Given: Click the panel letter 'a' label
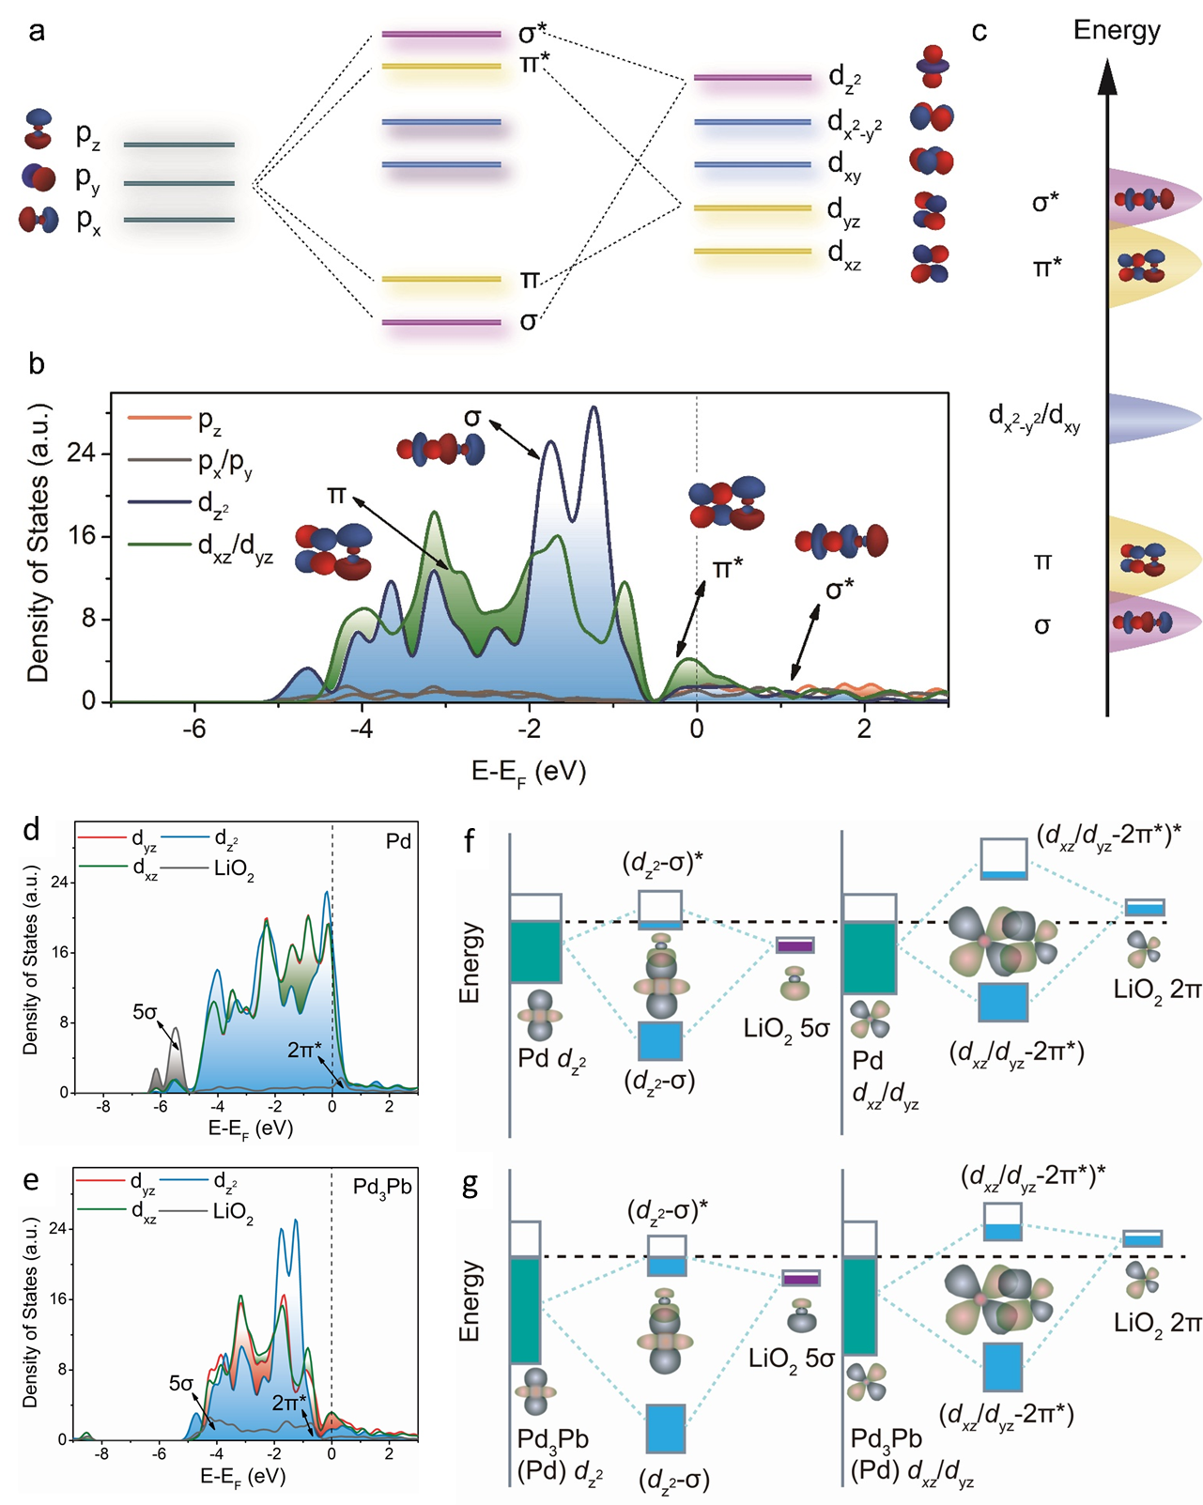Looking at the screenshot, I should pyautogui.click(x=37, y=32).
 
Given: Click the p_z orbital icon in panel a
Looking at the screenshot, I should pyautogui.click(x=39, y=130).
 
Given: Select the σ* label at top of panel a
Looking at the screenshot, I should pyautogui.click(x=532, y=34).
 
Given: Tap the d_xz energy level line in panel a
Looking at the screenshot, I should pyautogui.click(x=752, y=252).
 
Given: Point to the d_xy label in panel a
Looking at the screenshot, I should pyautogui.click(x=843, y=165).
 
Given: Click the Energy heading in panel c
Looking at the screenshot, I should pyautogui.click(x=1117, y=30).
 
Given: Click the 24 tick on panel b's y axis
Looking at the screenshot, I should pyautogui.click(x=83, y=453).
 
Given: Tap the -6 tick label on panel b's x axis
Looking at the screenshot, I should pyautogui.click(x=193, y=729).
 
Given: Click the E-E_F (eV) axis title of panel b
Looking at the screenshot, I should pyautogui.click(x=529, y=772).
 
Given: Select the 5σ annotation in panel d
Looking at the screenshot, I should pyautogui.click(x=145, y=1012).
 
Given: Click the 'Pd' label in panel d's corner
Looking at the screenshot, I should pyautogui.click(x=398, y=841).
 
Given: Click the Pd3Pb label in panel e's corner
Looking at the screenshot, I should pyautogui.click(x=382, y=1187).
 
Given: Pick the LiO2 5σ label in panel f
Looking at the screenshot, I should pyautogui.click(x=786, y=1028).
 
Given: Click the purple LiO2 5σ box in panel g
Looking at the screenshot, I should pyautogui.click(x=801, y=1280).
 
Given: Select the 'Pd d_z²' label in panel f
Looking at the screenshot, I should pyautogui.click(x=551, y=1060).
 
